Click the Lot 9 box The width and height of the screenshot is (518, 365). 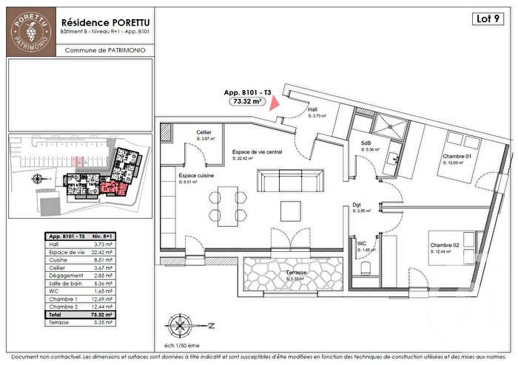488,20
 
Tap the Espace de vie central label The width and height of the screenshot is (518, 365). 257,152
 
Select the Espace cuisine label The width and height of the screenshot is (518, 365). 198,176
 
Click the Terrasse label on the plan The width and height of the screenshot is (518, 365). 296,273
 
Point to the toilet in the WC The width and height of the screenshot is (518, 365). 362,270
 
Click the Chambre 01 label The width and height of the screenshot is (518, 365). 458,156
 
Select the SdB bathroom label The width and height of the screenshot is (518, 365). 366,143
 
